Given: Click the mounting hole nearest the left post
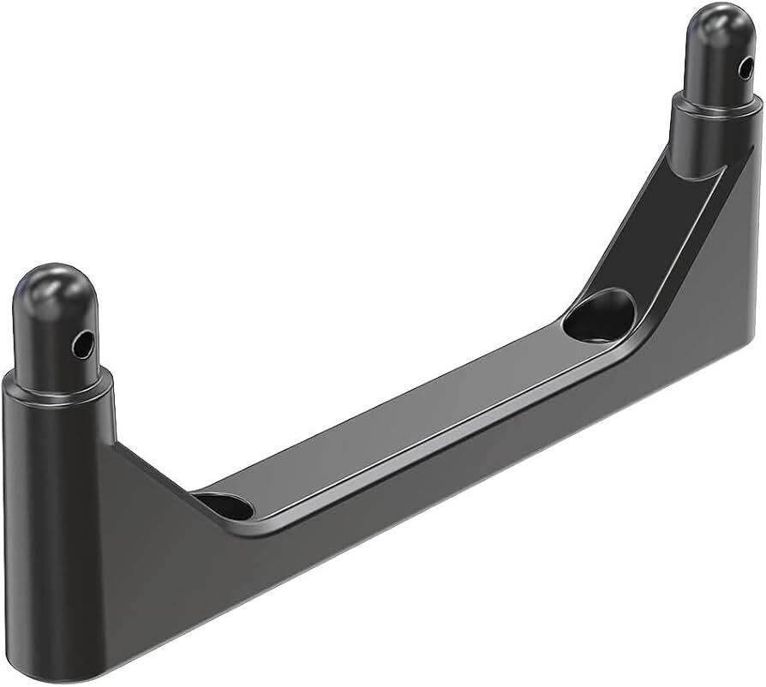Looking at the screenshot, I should pos(224,506).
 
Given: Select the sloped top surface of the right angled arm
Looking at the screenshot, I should pos(651,231).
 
